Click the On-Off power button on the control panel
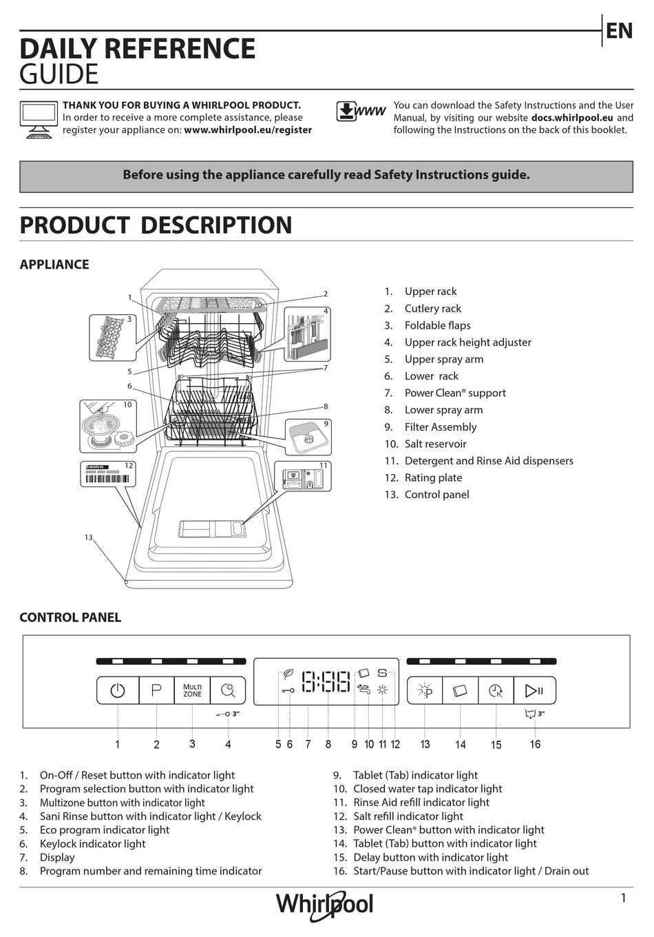point(118,690)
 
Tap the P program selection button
point(156,690)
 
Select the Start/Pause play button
point(534,690)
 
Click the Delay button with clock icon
point(496,690)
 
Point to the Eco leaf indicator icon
point(288,675)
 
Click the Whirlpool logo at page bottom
point(324,905)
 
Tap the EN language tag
point(618,31)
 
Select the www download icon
point(360,112)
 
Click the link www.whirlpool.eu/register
point(248,130)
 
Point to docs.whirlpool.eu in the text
point(571,118)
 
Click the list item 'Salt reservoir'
point(435,444)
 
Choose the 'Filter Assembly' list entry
point(440,427)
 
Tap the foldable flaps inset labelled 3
point(112,338)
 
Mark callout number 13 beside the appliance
point(88,537)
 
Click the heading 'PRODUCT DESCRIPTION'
point(156,225)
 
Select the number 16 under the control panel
point(535,744)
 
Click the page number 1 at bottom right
point(623,898)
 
